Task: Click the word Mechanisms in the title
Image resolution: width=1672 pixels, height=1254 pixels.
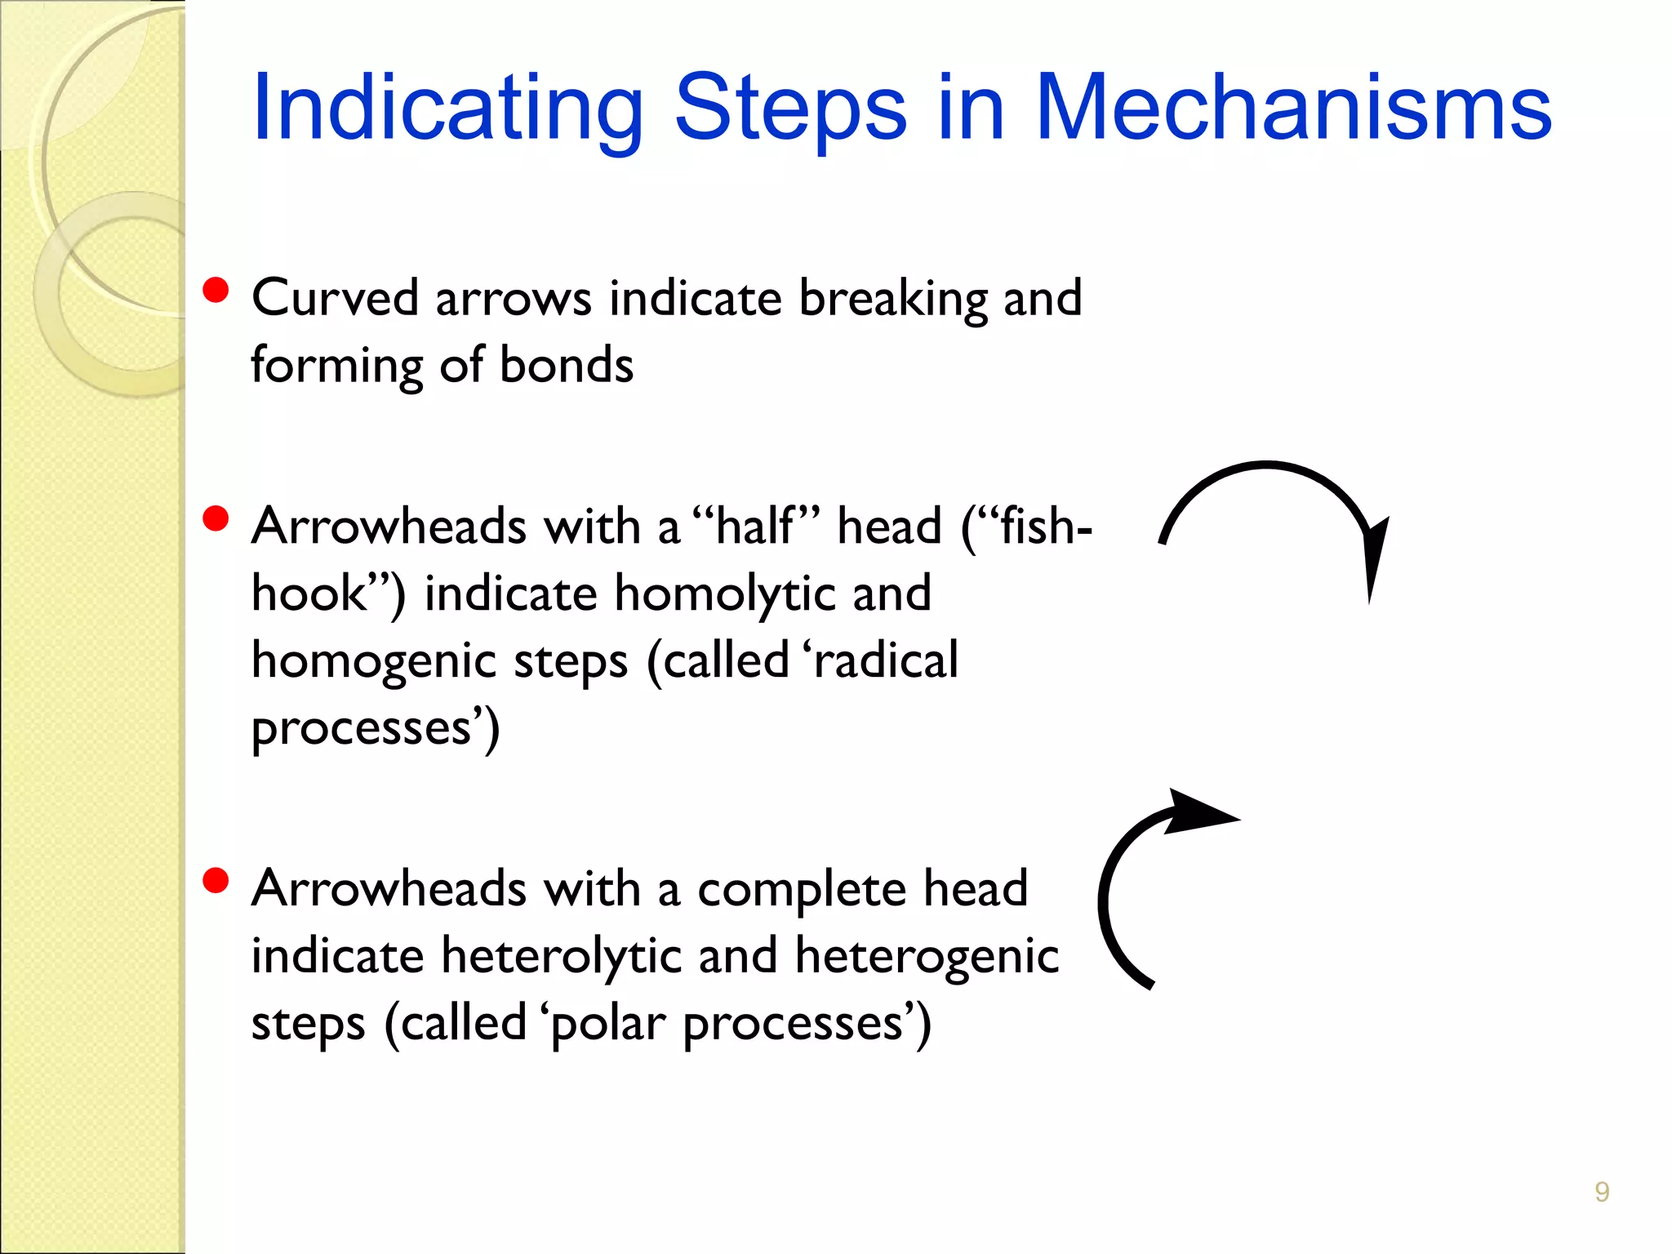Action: tap(1293, 109)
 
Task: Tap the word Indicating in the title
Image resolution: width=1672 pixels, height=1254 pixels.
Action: tap(448, 109)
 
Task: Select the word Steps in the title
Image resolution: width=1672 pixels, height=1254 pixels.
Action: tap(790, 109)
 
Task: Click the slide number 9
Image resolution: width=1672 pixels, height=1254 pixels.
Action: tap(1602, 1192)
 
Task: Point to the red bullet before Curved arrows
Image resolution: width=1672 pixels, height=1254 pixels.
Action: tap(216, 291)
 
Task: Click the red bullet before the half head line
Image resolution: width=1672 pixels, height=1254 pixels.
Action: tap(216, 518)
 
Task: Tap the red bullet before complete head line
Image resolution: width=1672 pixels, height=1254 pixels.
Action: tap(216, 881)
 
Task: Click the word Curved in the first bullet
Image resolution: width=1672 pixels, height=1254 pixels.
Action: tap(335, 298)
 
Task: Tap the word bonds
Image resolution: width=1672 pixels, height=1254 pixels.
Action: tap(566, 365)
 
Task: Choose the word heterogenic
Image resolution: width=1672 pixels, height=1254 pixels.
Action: tap(927, 956)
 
